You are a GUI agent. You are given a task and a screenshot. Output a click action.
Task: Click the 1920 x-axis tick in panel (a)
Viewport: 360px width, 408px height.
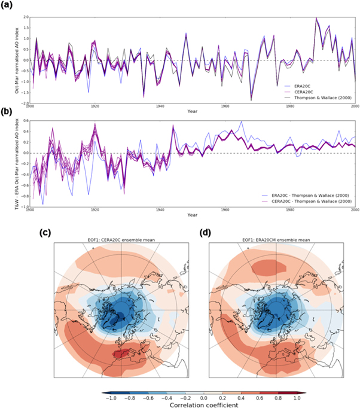[94, 106]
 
